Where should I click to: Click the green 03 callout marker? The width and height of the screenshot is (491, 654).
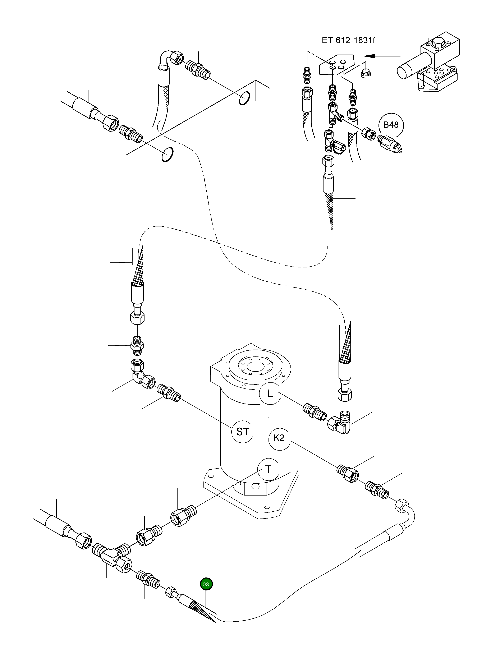click(206, 584)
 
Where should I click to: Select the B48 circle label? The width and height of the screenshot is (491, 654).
click(391, 125)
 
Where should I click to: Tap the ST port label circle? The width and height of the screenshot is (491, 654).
click(243, 432)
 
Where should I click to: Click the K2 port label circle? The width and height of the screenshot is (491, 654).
click(279, 438)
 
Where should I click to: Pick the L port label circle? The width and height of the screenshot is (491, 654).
click(270, 393)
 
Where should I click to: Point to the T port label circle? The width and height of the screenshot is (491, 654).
click(268, 469)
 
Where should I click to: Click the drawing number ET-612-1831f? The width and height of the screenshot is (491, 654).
click(348, 40)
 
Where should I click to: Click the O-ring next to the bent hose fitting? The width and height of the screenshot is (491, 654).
click(244, 98)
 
